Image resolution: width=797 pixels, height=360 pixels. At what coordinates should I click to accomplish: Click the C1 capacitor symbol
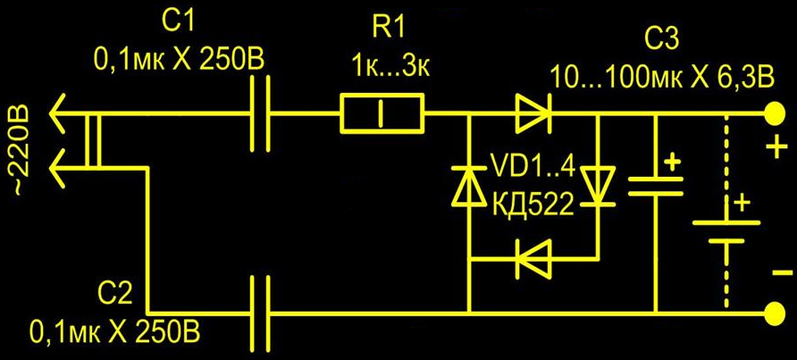pyautogui.click(x=260, y=113)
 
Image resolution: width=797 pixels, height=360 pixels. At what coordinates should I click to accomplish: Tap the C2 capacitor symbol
pyautogui.click(x=260, y=314)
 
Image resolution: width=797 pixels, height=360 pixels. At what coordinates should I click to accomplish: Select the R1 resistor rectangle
pyautogui.click(x=382, y=113)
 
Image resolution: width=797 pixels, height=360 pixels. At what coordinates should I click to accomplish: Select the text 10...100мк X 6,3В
pyautogui.click(x=662, y=78)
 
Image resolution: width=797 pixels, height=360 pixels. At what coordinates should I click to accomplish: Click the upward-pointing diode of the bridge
pyautogui.click(x=468, y=186)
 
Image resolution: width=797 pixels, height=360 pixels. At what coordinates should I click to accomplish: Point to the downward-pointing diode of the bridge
pyautogui.click(x=599, y=186)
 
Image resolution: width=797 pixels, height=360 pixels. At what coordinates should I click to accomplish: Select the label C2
pyautogui.click(x=117, y=296)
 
